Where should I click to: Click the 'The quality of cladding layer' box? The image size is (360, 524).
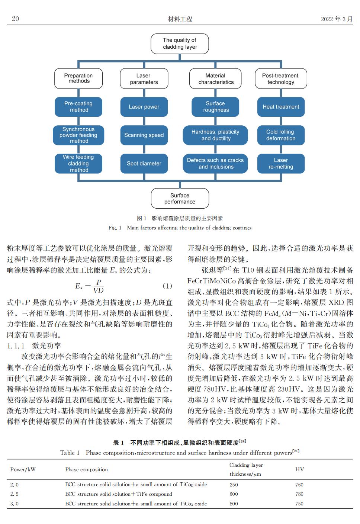point(180,44)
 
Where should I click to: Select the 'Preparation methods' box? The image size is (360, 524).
point(78,78)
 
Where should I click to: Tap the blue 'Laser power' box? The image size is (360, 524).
point(144,107)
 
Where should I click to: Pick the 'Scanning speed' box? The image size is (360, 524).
point(144,135)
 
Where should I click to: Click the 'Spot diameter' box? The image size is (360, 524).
point(144,164)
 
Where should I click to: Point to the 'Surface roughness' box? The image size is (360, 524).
point(215,107)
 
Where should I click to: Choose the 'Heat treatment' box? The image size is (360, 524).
point(281,107)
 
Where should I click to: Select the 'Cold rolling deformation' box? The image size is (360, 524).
point(281,135)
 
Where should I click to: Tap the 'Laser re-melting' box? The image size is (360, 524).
point(281,164)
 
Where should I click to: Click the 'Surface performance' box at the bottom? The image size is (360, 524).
point(180,198)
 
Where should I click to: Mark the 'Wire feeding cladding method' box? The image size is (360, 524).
point(78,164)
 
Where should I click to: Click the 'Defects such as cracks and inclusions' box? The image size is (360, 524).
point(215,164)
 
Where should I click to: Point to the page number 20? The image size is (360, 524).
point(16,19)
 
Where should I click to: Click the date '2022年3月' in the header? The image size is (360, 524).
point(337,19)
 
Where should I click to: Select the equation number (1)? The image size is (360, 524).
point(167,286)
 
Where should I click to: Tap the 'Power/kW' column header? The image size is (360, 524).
point(23,469)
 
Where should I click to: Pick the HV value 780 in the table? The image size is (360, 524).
point(299,494)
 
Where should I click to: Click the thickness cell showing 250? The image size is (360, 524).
point(234,485)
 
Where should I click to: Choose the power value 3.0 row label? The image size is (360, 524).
point(14,504)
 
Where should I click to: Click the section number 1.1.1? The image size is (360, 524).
point(16,346)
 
